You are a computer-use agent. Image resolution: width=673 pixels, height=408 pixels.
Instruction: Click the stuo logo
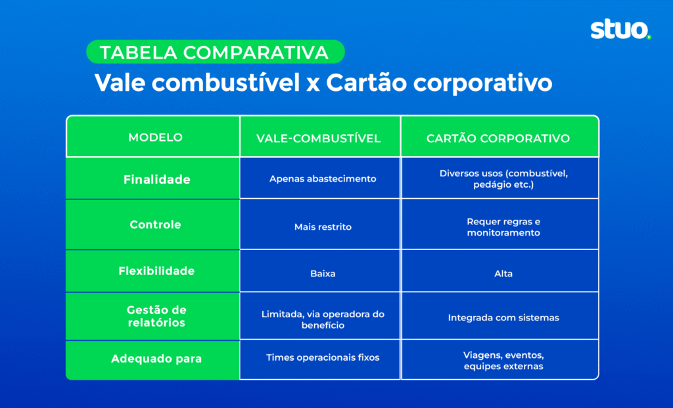(x=620, y=30)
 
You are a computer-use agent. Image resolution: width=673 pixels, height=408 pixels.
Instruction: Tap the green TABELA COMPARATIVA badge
(x=215, y=52)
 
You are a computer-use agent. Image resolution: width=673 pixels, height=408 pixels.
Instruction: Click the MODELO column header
(x=155, y=138)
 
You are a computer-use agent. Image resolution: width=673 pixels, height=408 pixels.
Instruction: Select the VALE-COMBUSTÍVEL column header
(x=319, y=138)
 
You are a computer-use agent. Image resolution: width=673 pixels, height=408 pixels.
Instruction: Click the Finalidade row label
(x=156, y=179)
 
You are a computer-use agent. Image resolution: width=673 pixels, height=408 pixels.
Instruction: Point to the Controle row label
(x=155, y=224)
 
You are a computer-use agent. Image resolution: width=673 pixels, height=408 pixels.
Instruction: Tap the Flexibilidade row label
(x=156, y=270)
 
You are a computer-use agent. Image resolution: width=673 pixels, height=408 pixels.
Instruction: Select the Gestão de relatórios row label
(x=156, y=316)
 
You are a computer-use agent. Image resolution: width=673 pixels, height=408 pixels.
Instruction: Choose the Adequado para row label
(x=156, y=359)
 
